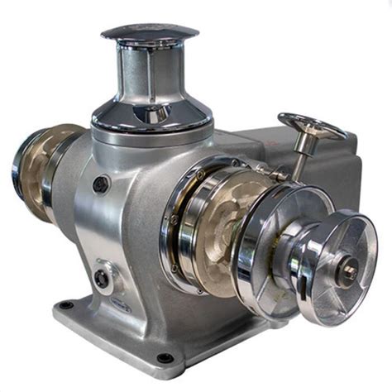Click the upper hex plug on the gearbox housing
click(x=101, y=184)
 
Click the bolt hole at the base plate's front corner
click(x=165, y=359)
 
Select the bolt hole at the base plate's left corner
click(x=66, y=306)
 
